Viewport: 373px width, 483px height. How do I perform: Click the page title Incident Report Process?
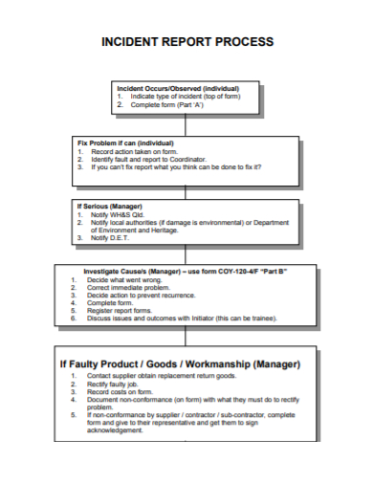tap(186, 42)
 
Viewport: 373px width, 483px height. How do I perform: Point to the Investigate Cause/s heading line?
tap(186, 271)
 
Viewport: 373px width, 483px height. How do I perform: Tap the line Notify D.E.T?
tap(111, 237)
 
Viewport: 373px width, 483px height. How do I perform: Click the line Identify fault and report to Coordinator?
tap(149, 159)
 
